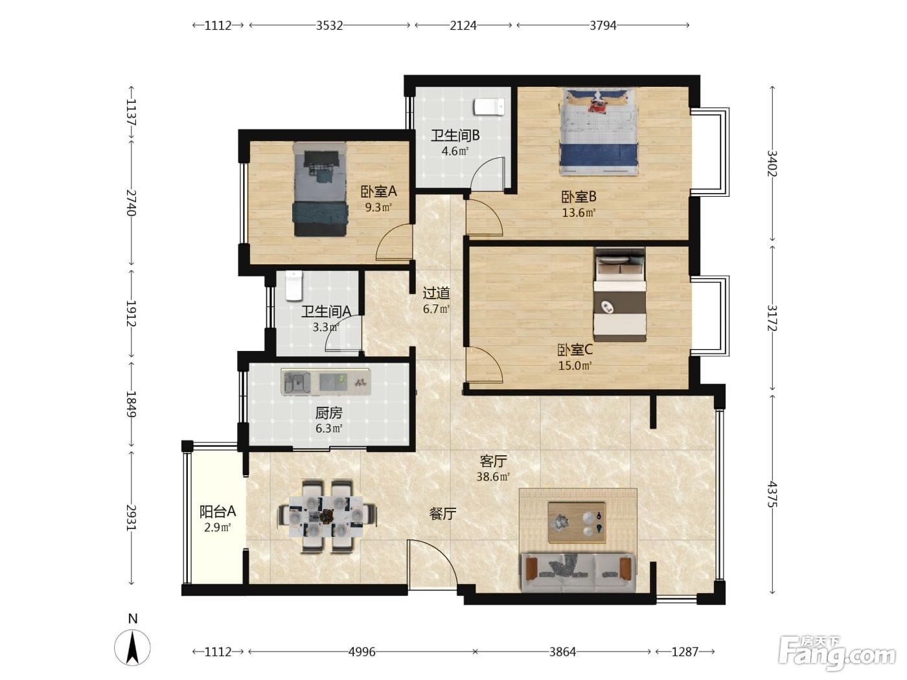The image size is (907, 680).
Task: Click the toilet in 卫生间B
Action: [489, 107]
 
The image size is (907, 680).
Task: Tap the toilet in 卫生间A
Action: [293, 286]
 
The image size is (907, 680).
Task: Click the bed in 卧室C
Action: [619, 295]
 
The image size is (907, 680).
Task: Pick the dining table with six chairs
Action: [327, 516]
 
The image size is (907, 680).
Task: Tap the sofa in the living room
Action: [579, 572]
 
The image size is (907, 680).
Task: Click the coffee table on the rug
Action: [577, 522]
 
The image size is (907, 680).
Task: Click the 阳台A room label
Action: [218, 512]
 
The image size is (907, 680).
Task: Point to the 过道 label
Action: [437, 293]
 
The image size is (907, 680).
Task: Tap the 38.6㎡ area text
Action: [493, 477]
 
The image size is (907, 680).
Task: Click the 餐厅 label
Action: [442, 514]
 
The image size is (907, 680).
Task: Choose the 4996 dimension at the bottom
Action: [362, 652]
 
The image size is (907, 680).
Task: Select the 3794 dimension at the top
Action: [603, 26]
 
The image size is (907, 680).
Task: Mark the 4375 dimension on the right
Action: [772, 494]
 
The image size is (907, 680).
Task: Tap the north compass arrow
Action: [133, 648]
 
